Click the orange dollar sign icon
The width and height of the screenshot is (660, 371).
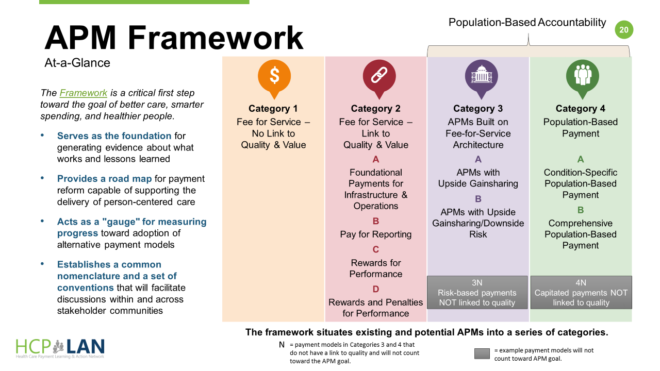coord(274,76)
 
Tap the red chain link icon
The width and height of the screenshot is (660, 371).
coord(376,76)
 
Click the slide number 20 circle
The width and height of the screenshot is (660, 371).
coord(624,30)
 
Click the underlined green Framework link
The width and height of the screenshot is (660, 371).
coord(84,93)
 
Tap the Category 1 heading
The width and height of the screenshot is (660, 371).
coord(273,109)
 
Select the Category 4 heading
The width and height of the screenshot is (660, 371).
coord(581,109)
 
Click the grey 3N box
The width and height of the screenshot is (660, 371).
coord(477,292)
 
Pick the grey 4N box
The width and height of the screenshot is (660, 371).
coord(581,292)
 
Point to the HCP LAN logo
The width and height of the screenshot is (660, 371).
coord(60,348)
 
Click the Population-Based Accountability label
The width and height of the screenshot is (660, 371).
coord(527,23)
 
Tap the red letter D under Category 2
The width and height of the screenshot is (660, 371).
coord(376,289)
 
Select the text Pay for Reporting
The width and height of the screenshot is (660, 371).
coord(376,234)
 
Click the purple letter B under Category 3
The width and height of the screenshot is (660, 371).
coord(478,199)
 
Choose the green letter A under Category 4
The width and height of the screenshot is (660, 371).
coord(581,160)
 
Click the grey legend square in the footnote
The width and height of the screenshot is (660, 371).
coord(482,354)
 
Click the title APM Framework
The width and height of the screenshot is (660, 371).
coord(174,38)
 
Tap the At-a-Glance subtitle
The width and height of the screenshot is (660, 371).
coord(77,63)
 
